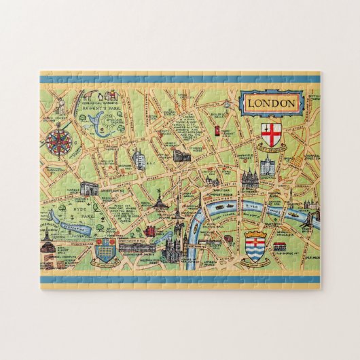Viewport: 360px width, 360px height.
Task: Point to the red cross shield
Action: [272, 132]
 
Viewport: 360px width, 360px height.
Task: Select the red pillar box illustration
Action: [216, 130]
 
